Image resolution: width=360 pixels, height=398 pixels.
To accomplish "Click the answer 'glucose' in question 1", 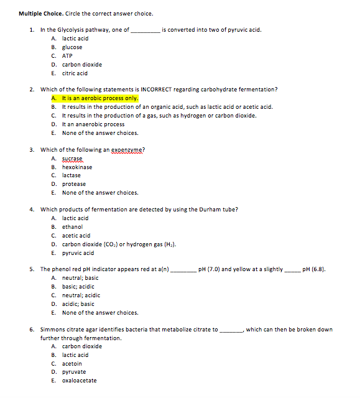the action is click(72, 47).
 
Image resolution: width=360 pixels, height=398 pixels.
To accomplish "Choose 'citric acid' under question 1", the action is click(75, 73).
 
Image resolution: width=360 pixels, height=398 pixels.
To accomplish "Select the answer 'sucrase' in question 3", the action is click(72, 159).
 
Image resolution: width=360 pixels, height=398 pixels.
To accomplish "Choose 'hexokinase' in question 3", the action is click(77, 167).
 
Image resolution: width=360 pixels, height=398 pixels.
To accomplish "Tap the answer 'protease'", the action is click(74, 184).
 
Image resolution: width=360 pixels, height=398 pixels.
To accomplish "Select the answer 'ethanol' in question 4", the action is click(72, 227).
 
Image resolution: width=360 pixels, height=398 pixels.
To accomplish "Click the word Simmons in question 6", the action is click(53, 330).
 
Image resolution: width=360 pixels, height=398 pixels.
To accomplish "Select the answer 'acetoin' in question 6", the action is click(72, 364).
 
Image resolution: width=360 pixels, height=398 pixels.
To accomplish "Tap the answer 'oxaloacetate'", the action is click(79, 381).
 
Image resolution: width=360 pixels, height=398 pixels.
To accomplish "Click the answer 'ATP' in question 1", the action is click(67, 56).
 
